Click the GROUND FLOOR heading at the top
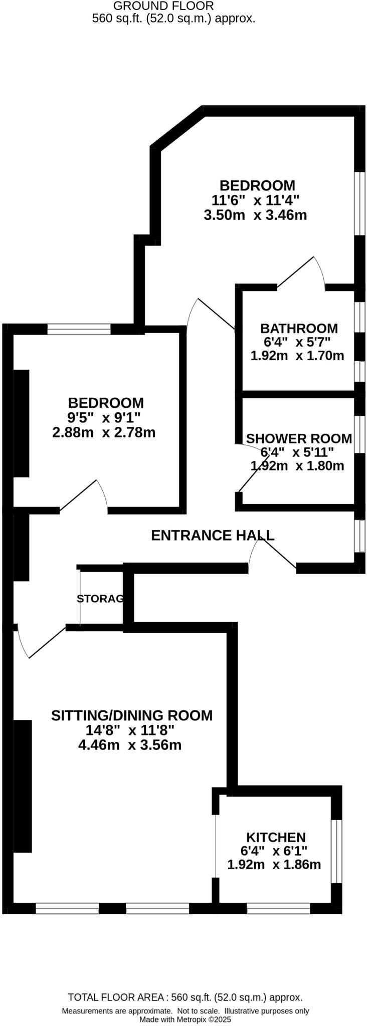tap(163, 6)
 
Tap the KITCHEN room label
tap(276, 837)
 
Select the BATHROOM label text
tap(299, 329)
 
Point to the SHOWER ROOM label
tap(299, 439)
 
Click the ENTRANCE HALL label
tap(213, 536)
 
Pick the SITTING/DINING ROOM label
tap(132, 715)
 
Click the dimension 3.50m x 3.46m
tap(255, 215)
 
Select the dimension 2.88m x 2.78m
tap(104, 432)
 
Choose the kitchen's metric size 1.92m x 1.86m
tap(274, 865)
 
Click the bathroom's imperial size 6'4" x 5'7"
tap(297, 343)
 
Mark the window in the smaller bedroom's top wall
tap(79, 329)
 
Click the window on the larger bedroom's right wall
tap(359, 203)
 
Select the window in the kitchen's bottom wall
tap(278, 908)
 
